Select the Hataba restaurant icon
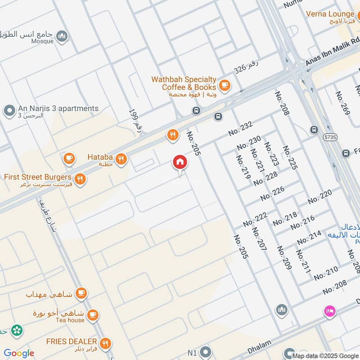[x=121, y=158]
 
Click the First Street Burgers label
[x=37, y=177]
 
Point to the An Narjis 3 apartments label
[x=58, y=108]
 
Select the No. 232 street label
[x=241, y=129]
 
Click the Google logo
[x=19, y=353]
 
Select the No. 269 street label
[x=342, y=103]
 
